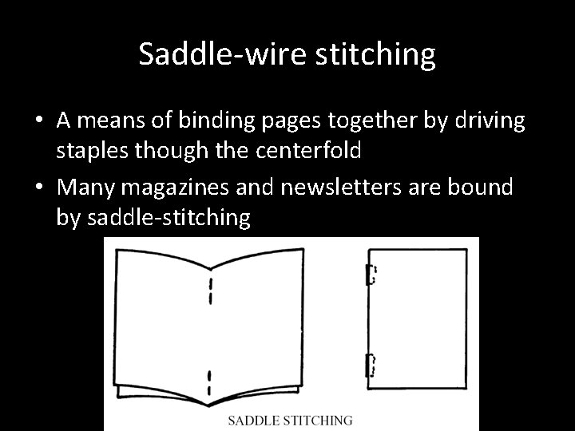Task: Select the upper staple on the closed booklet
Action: coord(370,275)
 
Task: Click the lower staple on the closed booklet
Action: coord(370,365)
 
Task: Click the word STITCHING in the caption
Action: coord(319,419)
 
